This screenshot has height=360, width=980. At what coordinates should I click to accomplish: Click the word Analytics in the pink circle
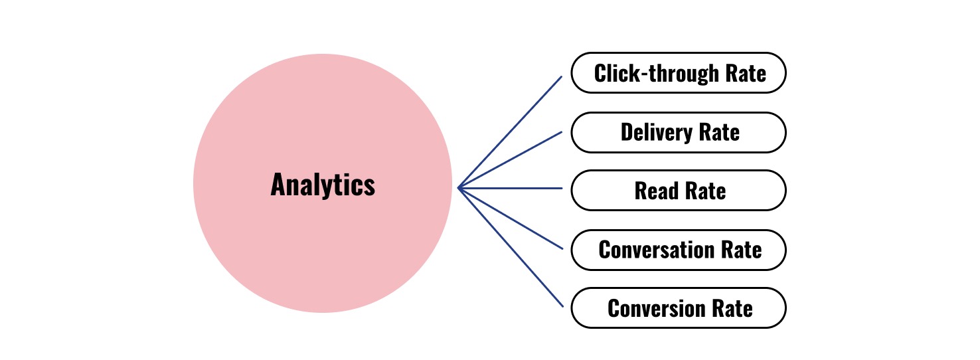pyautogui.click(x=323, y=185)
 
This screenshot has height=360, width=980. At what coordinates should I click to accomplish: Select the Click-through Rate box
pyautogui.click(x=679, y=73)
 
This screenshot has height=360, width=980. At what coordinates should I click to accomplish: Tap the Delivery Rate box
pyautogui.click(x=679, y=132)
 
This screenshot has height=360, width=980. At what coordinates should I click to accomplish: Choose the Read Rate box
pyautogui.click(x=679, y=191)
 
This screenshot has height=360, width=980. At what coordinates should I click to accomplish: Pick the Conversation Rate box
pyautogui.click(x=679, y=250)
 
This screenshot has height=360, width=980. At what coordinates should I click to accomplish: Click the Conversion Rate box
pyautogui.click(x=679, y=308)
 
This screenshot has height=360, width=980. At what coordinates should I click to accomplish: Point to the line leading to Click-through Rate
pyautogui.click(x=510, y=132)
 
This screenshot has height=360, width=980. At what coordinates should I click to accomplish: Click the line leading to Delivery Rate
pyautogui.click(x=510, y=159)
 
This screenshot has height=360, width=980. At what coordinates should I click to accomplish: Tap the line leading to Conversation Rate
pyautogui.click(x=510, y=218)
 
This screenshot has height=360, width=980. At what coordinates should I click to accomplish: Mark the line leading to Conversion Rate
pyautogui.click(x=510, y=246)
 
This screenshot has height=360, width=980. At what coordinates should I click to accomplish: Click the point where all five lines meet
pyautogui.click(x=459, y=188)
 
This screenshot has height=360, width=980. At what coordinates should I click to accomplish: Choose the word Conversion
pyautogui.click(x=655, y=308)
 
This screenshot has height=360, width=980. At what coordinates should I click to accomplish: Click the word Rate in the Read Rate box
pyautogui.click(x=705, y=191)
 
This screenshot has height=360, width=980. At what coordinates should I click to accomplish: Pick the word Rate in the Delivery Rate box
pyautogui.click(x=719, y=132)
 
